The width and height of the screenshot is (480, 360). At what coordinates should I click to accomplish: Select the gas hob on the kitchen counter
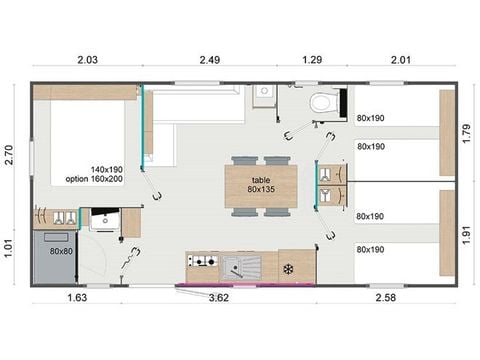point(203,262)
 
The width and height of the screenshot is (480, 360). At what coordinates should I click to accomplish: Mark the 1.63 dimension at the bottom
point(75,298)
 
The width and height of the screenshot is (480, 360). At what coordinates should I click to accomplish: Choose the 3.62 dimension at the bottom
point(218,298)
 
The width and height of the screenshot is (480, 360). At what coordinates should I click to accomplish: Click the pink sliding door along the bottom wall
point(244,285)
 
